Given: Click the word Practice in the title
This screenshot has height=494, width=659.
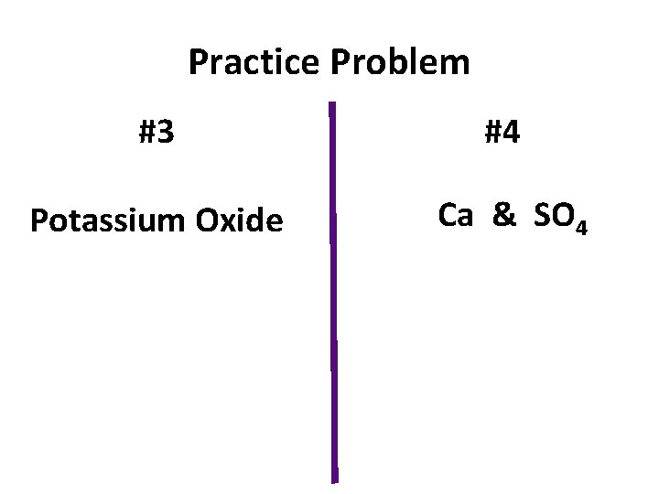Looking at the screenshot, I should (x=252, y=63).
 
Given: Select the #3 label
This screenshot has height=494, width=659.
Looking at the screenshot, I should (x=157, y=134).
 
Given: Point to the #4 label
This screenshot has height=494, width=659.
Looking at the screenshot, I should (x=502, y=134).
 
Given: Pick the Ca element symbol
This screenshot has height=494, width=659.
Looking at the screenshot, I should (x=456, y=215).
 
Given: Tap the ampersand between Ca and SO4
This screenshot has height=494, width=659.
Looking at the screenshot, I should (x=503, y=215).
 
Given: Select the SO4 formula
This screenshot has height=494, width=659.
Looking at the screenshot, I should (x=558, y=218).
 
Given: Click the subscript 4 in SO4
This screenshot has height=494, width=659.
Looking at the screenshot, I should (x=579, y=225).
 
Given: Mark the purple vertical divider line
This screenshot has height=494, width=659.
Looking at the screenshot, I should (x=332, y=293).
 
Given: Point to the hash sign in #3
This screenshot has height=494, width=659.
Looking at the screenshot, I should (x=146, y=134).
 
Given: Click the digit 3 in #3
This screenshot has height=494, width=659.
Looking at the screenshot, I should (x=166, y=134).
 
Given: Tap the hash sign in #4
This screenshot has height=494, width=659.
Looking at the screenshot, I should (x=492, y=134).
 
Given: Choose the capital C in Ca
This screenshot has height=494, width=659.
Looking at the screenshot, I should (x=448, y=215).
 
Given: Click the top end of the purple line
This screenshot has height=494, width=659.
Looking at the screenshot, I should (x=331, y=103).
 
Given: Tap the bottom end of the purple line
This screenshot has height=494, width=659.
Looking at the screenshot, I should (x=334, y=479).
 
